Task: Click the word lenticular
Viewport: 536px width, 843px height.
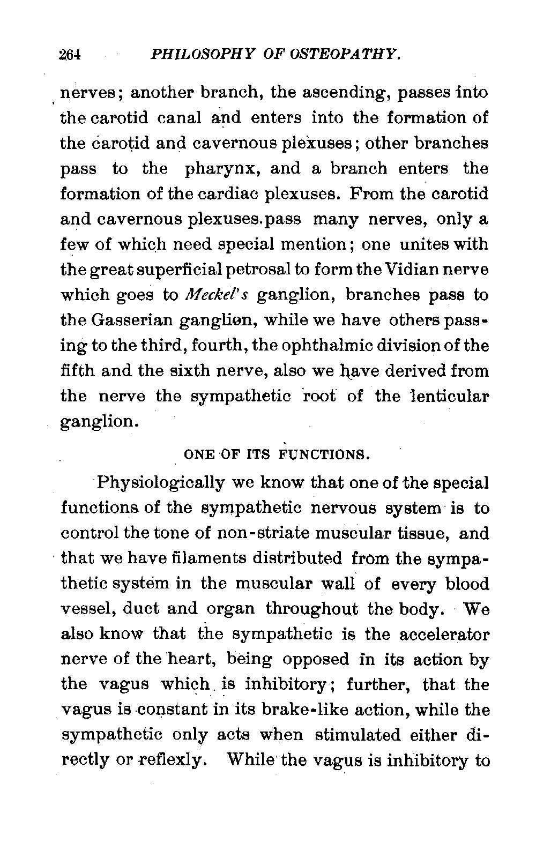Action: pos(450,397)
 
